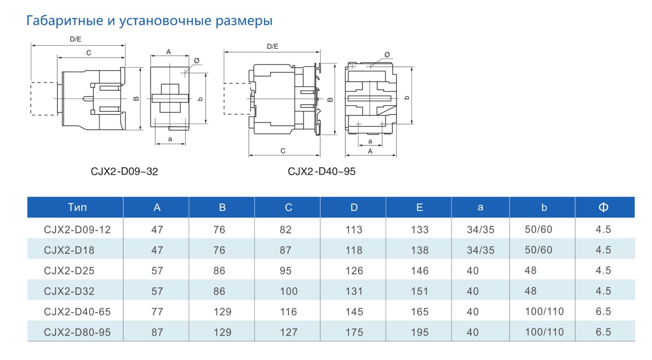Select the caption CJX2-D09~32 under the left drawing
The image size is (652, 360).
point(124,171)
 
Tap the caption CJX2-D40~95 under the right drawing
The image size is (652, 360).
point(321,171)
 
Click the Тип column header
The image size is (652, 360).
point(77,207)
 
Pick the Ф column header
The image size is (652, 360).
point(603,207)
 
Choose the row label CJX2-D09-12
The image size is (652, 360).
point(77,230)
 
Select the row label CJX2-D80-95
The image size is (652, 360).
point(77,332)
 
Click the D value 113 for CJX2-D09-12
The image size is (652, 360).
point(354,230)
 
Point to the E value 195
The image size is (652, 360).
point(420,332)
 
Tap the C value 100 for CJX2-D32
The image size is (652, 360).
point(289,291)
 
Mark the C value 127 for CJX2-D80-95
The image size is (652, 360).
point(289,332)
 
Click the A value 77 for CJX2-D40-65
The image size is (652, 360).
point(157,312)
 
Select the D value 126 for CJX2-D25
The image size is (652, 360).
point(354,271)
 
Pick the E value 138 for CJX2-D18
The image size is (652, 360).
point(420,250)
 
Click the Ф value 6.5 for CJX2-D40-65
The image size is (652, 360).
point(603,312)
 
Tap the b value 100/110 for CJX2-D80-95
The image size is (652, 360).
point(544,332)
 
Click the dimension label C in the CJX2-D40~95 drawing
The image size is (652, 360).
point(283,151)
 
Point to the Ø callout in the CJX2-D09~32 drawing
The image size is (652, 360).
point(196,61)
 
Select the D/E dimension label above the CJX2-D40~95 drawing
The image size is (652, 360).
point(272,47)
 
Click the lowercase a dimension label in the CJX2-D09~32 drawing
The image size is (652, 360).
point(170,139)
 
